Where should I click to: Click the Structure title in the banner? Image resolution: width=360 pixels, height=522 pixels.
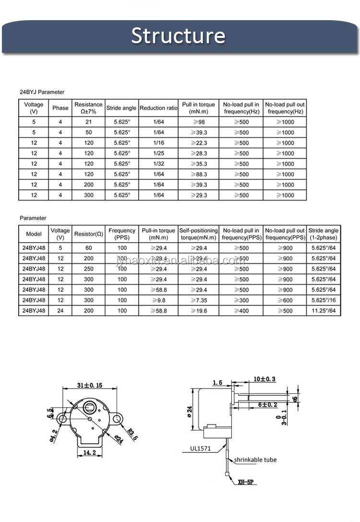coord(178,36)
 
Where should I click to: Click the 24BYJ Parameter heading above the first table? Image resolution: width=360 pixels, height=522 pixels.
coord(42,92)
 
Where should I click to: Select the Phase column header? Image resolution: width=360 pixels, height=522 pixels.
coord(60,108)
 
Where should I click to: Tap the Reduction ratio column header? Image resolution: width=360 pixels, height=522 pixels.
coord(158,108)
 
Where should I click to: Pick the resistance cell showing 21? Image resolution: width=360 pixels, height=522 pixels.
coord(88,122)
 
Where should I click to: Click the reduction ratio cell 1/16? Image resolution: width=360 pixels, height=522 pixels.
coord(158,143)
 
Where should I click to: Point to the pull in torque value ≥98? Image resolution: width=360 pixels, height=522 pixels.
coord(198,122)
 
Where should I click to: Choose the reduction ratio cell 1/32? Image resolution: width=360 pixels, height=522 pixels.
coord(158,164)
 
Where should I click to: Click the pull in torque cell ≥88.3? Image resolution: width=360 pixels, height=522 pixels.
coord(198,175)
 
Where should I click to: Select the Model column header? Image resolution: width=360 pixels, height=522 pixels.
coord(34,234)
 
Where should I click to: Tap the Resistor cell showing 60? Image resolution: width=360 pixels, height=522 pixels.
coord(88,248)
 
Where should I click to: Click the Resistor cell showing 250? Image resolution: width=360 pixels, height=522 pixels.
coord(88,269)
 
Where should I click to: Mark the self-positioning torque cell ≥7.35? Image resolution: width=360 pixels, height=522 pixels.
coord(198,300)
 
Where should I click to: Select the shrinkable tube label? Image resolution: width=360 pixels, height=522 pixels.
coord(255,460)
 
